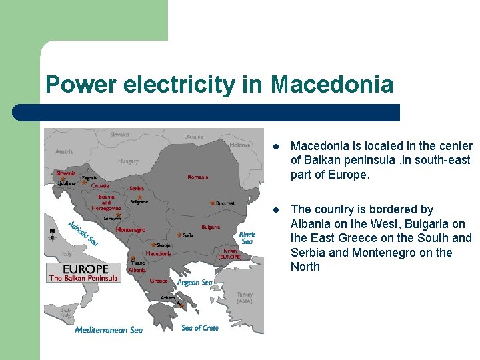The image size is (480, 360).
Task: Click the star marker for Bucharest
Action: (x=213, y=203)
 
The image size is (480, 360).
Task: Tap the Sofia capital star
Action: (x=179, y=235)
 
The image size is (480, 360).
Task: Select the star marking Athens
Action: (x=181, y=304)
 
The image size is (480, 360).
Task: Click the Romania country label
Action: (x=197, y=177)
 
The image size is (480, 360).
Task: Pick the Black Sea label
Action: (x=247, y=238)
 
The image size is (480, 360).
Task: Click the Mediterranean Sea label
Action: (x=109, y=329)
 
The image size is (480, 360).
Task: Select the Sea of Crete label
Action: (x=200, y=327)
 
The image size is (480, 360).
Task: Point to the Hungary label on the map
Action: (x=128, y=161)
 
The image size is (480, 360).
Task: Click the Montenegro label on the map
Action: (x=131, y=230)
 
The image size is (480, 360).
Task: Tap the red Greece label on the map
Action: (x=159, y=281)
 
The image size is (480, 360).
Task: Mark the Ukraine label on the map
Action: (x=194, y=137)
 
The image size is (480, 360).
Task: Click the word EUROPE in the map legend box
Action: (x=85, y=269)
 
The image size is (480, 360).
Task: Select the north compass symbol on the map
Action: (x=52, y=234)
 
